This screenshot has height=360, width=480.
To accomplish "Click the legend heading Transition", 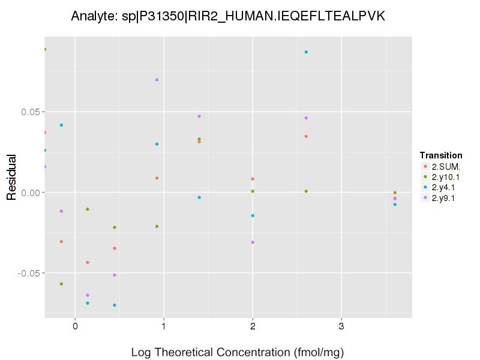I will pyautogui.click(x=441, y=155).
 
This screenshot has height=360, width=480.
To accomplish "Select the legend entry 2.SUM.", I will pyautogui.click(x=445, y=166).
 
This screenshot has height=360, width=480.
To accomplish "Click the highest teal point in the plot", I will pyautogui.click(x=306, y=52).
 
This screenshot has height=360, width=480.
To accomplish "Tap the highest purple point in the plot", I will pyautogui.click(x=157, y=80).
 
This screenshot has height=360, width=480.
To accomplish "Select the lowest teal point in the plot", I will pyautogui.click(x=115, y=305).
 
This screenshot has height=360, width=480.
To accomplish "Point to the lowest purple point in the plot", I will pyautogui.click(x=88, y=295).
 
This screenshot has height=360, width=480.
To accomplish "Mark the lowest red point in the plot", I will pyautogui.click(x=88, y=263).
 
